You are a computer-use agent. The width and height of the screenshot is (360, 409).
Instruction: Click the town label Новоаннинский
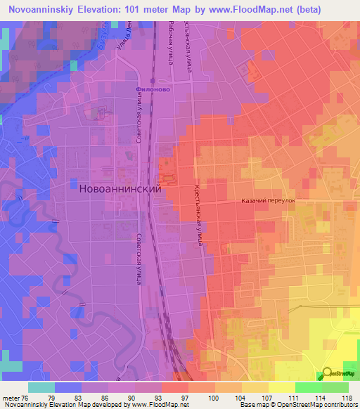pyautogui.click(x=118, y=189)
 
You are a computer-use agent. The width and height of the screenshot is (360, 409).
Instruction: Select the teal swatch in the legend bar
pyautogui.click(x=41, y=387)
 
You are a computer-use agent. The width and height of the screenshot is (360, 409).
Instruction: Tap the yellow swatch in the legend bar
pyautogui.click(x=282, y=387)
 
